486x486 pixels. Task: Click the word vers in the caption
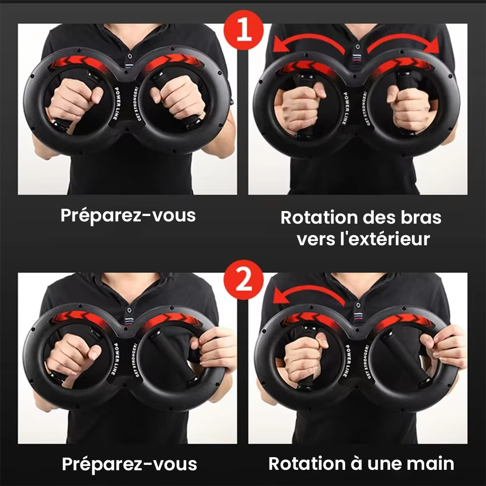316,239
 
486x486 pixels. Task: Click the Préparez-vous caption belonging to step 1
128,216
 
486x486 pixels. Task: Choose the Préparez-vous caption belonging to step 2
129,464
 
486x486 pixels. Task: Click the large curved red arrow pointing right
403,43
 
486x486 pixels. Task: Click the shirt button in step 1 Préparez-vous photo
130,57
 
